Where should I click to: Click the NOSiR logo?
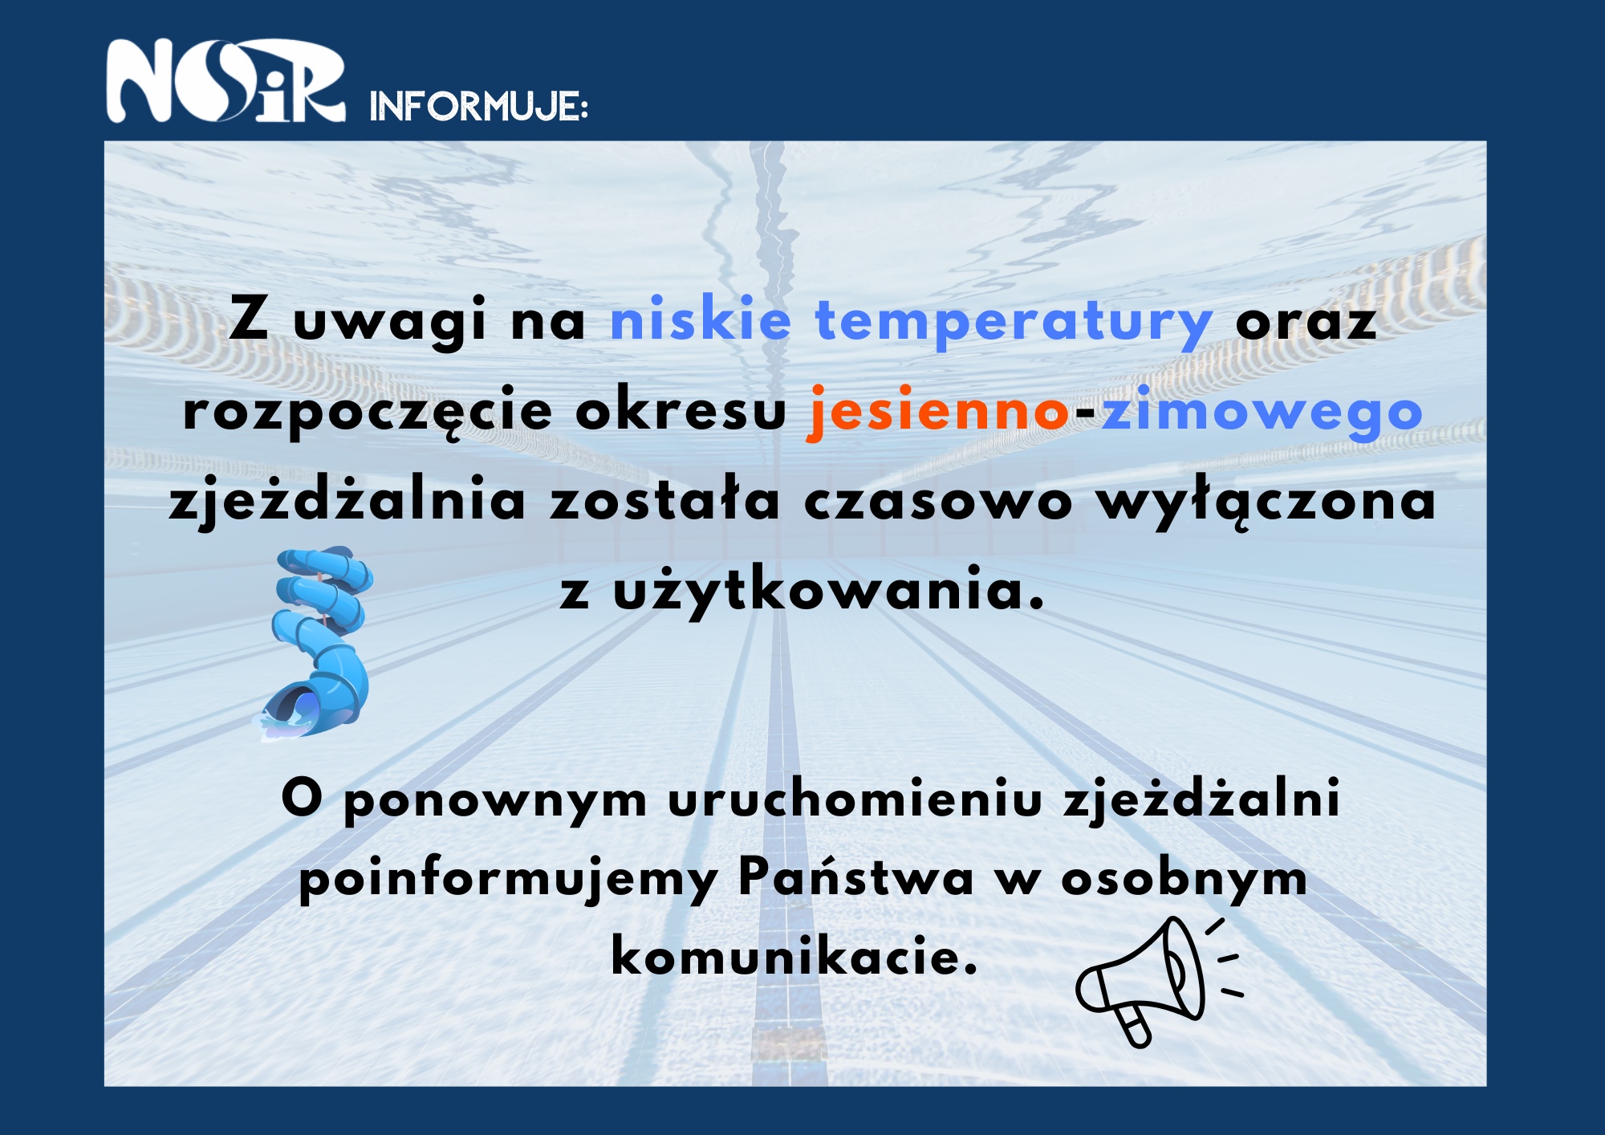pyautogui.click(x=226, y=80)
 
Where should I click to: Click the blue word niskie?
pyautogui.click(x=701, y=318)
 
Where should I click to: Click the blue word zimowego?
pyautogui.click(x=1262, y=412)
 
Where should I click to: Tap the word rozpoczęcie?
pyautogui.click(x=368, y=412)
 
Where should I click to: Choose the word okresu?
pyautogui.click(x=681, y=409)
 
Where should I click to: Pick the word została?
pyautogui.click(x=664, y=499)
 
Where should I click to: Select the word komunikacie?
pyautogui.click(x=794, y=955)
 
